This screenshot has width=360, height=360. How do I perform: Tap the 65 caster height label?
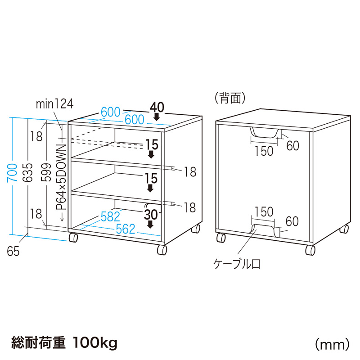[x=13, y=252]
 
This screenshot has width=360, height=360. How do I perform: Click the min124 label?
[x=54, y=104]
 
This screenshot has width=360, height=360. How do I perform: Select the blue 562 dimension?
[x=126, y=229]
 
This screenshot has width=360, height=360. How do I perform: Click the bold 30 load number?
[x=151, y=214]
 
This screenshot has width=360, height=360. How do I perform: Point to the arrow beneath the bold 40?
[x=157, y=117]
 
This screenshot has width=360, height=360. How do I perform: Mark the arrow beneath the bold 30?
[x=151, y=224]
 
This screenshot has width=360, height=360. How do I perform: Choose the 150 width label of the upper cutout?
[x=264, y=151]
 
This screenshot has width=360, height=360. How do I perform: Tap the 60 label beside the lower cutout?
[x=292, y=221]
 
